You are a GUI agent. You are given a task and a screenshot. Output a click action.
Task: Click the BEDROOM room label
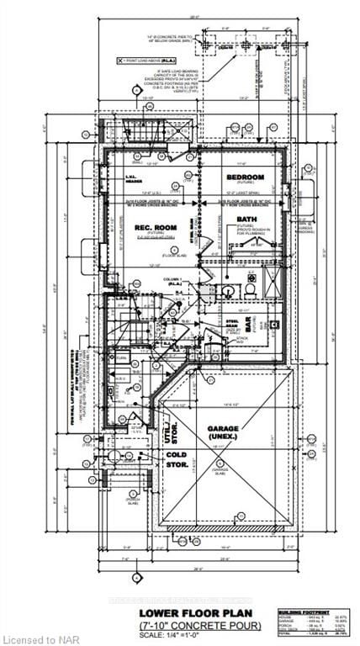pos(246,177)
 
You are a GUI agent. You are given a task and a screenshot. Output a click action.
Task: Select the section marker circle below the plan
pos(136,578)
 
